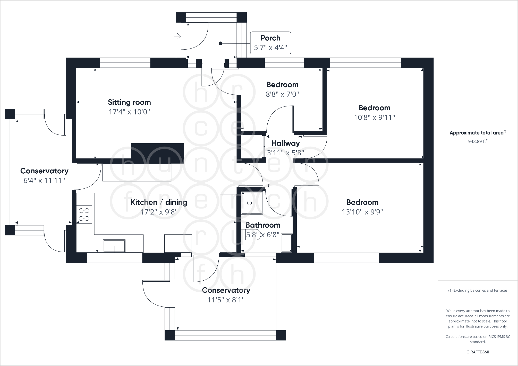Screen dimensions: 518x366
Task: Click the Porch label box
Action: pyautogui.click(x=270, y=43)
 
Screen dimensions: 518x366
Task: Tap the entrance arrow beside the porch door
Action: pyautogui.click(x=177, y=36)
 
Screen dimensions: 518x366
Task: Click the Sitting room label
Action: pyautogui.click(x=129, y=102)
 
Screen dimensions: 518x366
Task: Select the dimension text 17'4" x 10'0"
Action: pyautogui.click(x=129, y=112)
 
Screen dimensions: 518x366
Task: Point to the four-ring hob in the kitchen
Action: pyautogui.click(x=84, y=215)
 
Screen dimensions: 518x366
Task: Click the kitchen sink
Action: pyautogui.click(x=114, y=246)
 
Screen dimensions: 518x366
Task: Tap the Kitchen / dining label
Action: pyautogui.click(x=159, y=202)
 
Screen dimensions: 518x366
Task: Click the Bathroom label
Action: pyautogui.click(x=263, y=225)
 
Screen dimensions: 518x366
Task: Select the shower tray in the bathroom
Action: pyautogui.click(x=252, y=203)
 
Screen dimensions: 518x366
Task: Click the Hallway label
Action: pyautogui.click(x=286, y=143)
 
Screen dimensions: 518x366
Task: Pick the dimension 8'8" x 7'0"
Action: pyautogui.click(x=282, y=94)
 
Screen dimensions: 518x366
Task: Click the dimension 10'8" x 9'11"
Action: pyautogui.click(x=375, y=118)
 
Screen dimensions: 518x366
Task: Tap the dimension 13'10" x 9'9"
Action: pyautogui.click(x=362, y=212)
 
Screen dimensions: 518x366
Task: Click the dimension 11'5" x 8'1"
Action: pyautogui.click(x=226, y=300)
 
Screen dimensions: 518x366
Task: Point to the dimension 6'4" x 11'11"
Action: pyautogui.click(x=44, y=181)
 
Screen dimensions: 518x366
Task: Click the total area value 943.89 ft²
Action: pyautogui.click(x=478, y=141)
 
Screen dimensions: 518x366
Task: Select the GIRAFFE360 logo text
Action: pyautogui.click(x=478, y=352)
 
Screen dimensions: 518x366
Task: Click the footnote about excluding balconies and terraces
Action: pyautogui.click(x=478, y=290)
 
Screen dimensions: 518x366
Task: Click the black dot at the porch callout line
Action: pyautogui.click(x=220, y=43)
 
